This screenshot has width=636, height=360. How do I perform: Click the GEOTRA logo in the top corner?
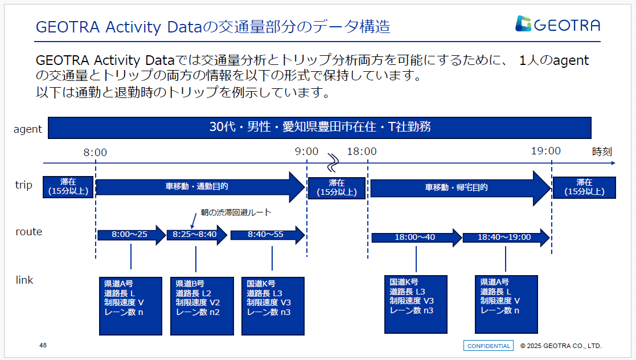(557, 24)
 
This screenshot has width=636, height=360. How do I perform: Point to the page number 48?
(43, 346)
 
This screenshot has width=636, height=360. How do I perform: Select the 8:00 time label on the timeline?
(95, 152)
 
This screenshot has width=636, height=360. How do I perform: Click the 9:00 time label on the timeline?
(307, 152)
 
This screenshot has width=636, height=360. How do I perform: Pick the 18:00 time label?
(362, 152)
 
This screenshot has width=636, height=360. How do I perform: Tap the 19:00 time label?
(546, 151)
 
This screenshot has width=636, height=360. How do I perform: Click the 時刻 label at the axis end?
(602, 152)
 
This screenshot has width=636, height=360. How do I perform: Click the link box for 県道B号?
(202, 306)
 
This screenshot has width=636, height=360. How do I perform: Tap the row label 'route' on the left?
(29, 232)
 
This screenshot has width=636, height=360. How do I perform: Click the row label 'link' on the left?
(24, 280)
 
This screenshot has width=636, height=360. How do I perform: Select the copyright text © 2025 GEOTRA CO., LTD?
(560, 346)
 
